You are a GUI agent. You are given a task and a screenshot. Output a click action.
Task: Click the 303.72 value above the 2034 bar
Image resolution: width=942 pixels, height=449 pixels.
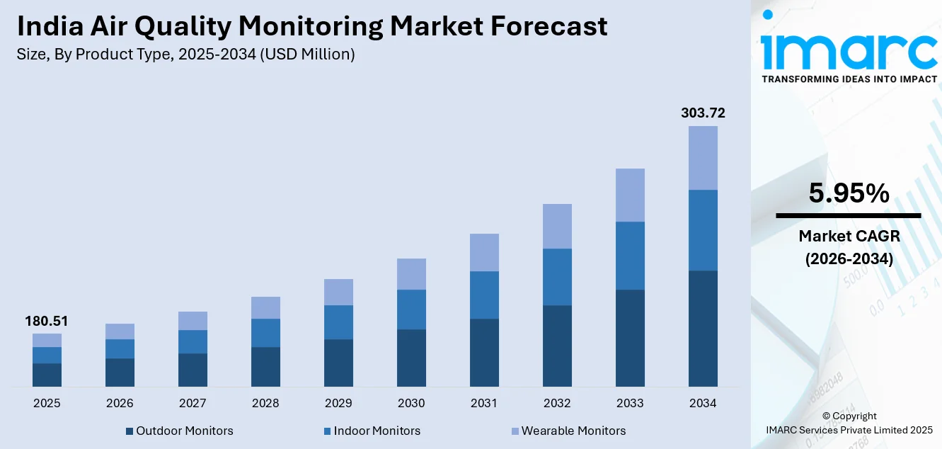click(x=703, y=113)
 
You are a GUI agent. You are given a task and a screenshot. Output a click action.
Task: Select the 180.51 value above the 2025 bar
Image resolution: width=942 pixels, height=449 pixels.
click(x=47, y=322)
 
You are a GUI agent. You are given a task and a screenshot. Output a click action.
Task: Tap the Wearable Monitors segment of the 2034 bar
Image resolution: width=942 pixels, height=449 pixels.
click(x=703, y=158)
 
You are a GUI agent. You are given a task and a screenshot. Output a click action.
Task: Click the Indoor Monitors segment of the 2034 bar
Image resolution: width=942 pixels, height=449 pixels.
click(x=703, y=230)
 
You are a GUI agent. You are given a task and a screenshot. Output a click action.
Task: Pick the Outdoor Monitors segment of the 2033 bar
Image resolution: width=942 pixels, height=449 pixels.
click(x=630, y=338)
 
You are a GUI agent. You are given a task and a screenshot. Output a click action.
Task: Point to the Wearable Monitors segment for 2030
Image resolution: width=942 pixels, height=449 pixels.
click(x=411, y=274)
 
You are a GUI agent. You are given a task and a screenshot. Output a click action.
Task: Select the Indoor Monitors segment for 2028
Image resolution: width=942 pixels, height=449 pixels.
click(x=265, y=333)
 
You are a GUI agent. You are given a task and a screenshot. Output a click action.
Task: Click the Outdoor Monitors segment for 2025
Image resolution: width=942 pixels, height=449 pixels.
click(x=47, y=375)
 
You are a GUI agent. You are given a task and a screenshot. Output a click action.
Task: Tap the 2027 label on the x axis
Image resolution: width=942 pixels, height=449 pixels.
click(x=193, y=404)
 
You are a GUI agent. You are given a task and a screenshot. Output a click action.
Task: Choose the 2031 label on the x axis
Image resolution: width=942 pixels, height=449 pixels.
click(x=484, y=404)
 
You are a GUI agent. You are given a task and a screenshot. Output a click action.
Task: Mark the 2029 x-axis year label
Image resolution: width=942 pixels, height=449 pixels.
click(x=338, y=404)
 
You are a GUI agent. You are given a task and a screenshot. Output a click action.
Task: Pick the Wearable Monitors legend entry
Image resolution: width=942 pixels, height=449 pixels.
click(x=568, y=431)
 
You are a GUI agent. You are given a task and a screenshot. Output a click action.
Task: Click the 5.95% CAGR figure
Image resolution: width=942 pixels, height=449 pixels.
click(x=849, y=193)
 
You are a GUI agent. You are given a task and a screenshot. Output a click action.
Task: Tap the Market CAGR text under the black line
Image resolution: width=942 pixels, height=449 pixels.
click(x=849, y=236)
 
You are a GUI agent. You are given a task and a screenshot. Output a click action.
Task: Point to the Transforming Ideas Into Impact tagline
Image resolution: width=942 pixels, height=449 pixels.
click(x=849, y=79)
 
